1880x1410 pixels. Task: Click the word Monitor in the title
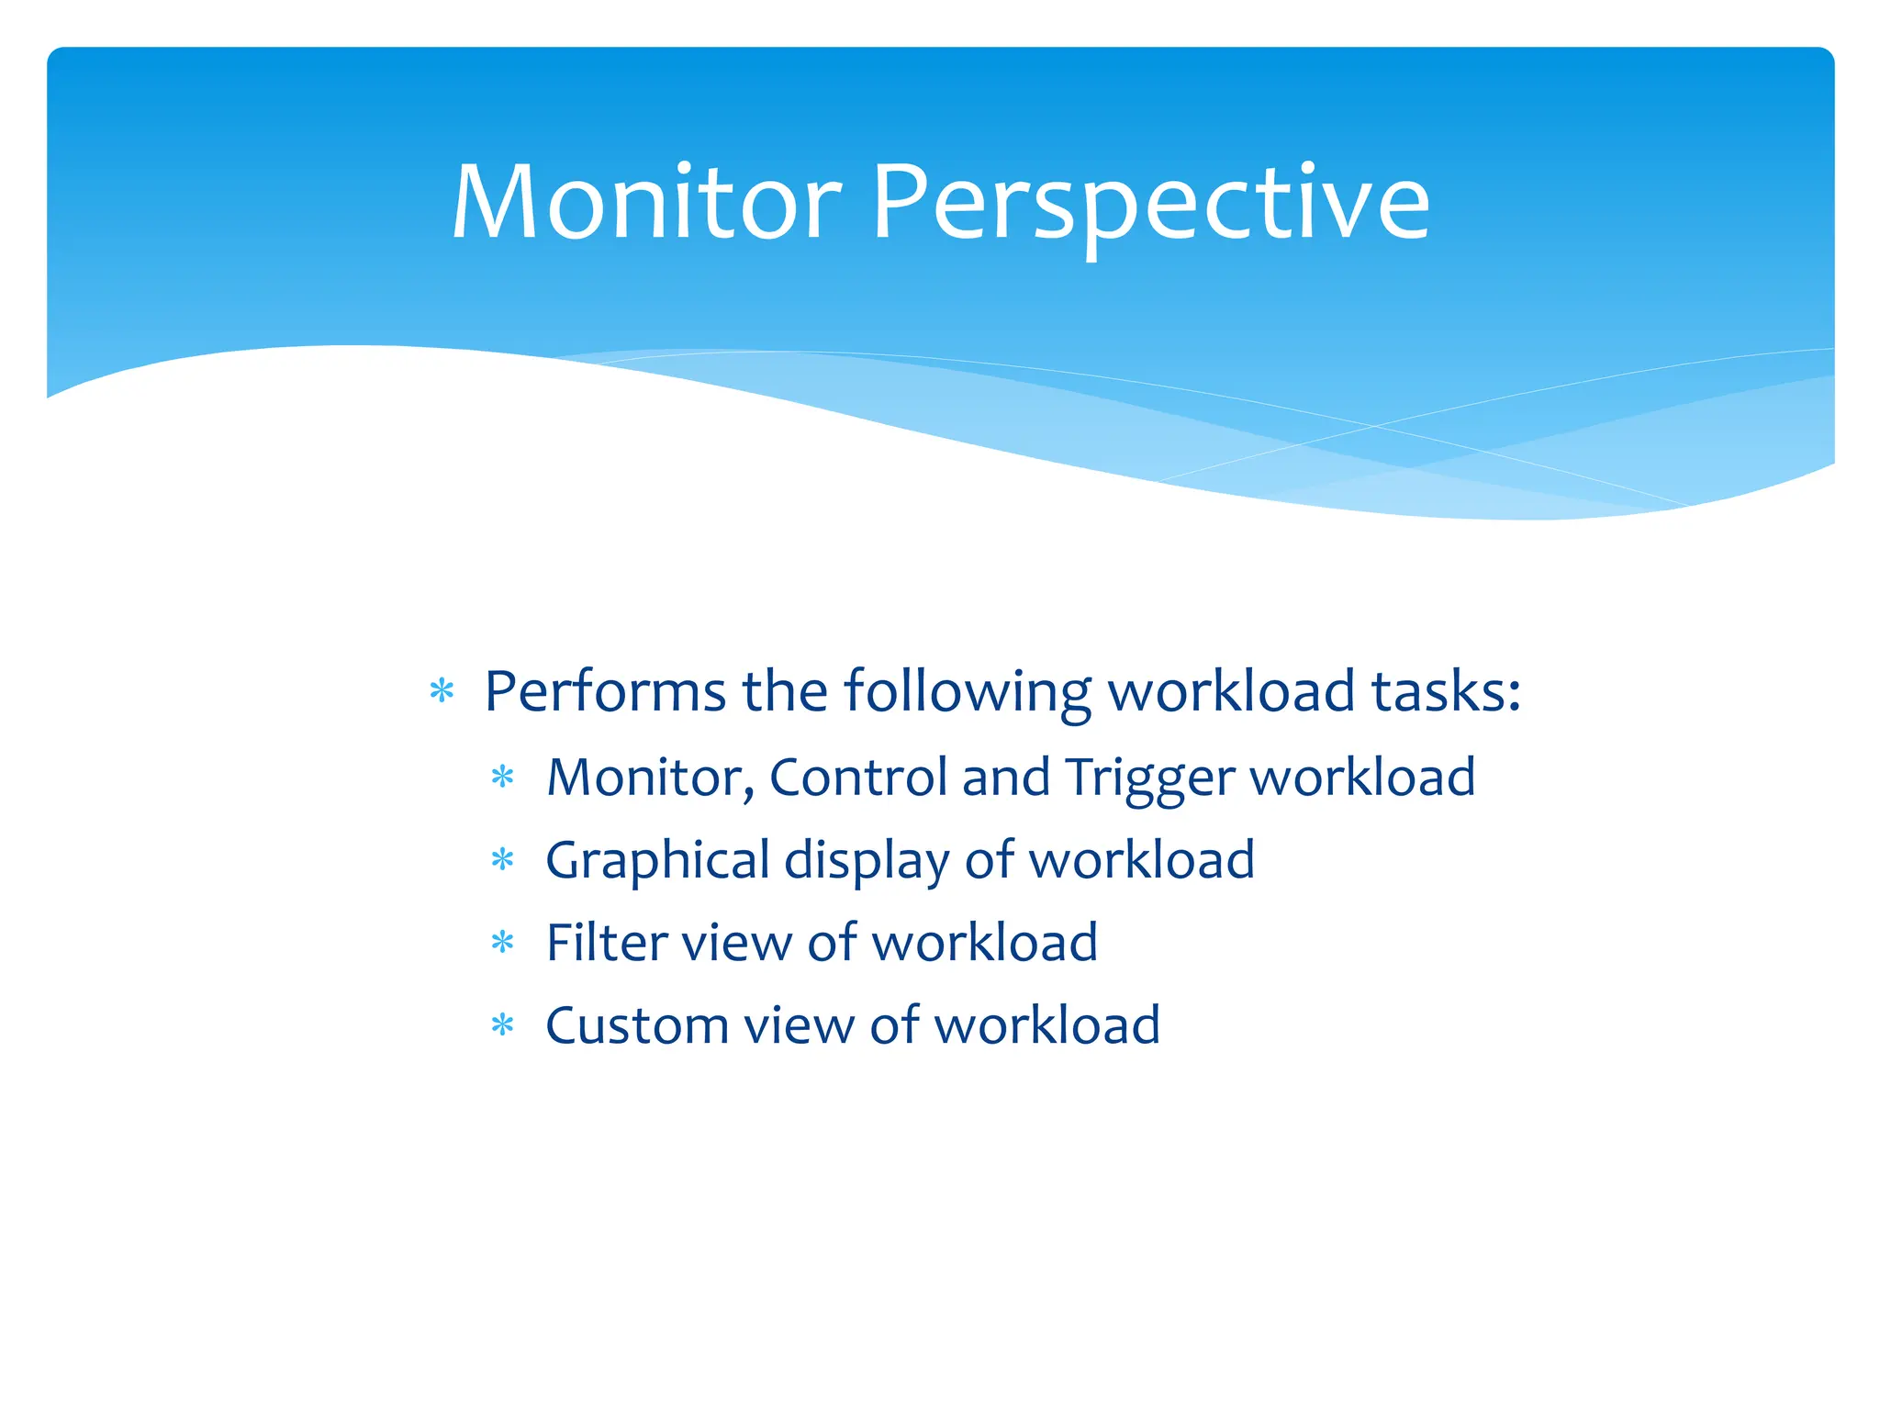[646, 202]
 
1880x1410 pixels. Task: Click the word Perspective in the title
[1150, 202]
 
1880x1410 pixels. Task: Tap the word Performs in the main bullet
[605, 691]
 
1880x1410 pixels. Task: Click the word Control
[857, 778]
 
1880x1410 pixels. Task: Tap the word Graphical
[657, 861]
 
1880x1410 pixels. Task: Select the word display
[867, 861]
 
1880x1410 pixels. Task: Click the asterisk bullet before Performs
[442, 691]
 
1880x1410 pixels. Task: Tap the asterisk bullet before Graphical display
[503, 861]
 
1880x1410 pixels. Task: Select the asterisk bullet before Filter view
[503, 943]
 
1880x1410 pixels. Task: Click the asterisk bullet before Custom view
[503, 1025]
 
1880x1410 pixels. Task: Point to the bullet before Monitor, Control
[503, 778]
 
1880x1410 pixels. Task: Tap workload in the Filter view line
[984, 943]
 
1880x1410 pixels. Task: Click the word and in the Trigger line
[1006, 778]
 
